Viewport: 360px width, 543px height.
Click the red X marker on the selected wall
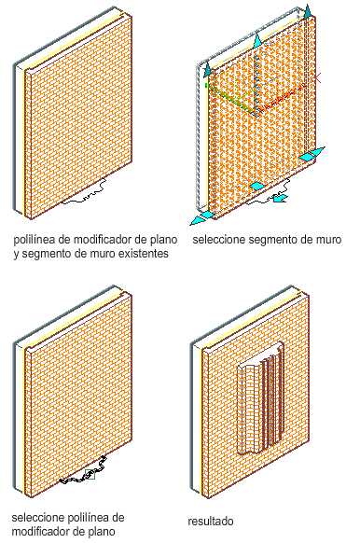(x=317, y=78)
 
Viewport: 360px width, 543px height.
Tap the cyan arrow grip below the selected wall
(x=280, y=198)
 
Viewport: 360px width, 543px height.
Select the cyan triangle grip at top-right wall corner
(x=308, y=10)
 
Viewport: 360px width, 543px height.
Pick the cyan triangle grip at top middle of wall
(x=257, y=41)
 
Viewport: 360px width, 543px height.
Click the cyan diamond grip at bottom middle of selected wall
(x=256, y=186)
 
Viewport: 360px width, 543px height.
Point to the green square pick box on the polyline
(x=90, y=474)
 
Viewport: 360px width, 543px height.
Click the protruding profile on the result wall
(x=260, y=398)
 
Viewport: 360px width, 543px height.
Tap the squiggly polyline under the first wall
(x=84, y=191)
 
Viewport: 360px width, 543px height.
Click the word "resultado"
(x=211, y=521)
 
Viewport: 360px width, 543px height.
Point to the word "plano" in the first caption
(x=164, y=240)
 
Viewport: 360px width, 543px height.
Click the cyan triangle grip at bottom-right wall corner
(x=316, y=151)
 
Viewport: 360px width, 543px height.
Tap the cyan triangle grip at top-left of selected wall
(x=207, y=70)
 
